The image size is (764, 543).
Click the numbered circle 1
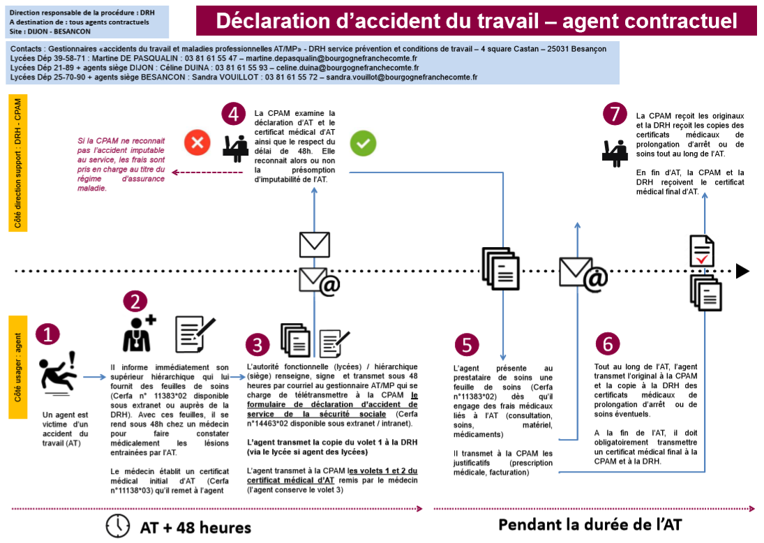47,335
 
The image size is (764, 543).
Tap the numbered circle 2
135,301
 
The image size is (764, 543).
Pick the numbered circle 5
467,345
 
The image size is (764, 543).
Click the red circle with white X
197,143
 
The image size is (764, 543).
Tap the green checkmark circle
363,143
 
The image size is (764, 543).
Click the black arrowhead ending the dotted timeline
742,271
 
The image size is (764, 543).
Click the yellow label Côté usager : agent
18,367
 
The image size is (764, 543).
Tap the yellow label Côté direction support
18,163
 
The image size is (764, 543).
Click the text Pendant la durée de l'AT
590,524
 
